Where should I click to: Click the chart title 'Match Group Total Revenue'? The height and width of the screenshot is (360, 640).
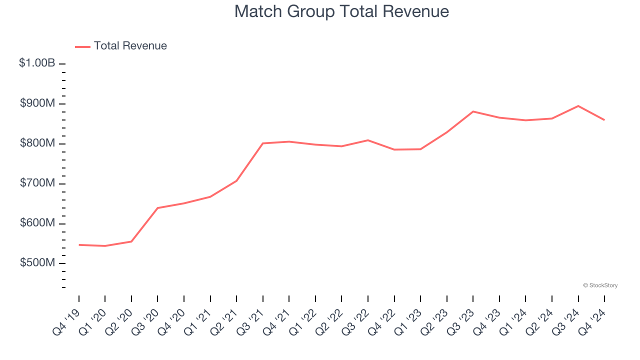coord(341,11)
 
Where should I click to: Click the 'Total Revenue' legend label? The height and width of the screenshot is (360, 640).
coord(130,46)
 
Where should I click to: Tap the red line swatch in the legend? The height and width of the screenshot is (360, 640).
coord(82,46)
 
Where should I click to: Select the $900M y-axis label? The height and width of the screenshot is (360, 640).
coord(37,103)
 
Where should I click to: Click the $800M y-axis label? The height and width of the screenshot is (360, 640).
coord(37,143)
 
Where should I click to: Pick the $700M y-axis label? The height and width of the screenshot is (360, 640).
coord(37,183)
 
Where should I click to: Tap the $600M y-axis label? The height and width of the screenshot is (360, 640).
coord(37,223)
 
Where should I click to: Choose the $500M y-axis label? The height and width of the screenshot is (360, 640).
coord(37,263)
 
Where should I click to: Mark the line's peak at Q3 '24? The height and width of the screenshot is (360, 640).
coord(578,106)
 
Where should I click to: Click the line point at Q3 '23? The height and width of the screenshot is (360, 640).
coord(473,111)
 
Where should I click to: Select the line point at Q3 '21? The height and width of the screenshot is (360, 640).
coord(263,143)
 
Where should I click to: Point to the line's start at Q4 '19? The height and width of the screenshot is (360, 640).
coord(79,245)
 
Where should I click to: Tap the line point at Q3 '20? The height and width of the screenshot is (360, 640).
coord(157,208)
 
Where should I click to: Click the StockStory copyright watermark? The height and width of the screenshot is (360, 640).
coord(600,285)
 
